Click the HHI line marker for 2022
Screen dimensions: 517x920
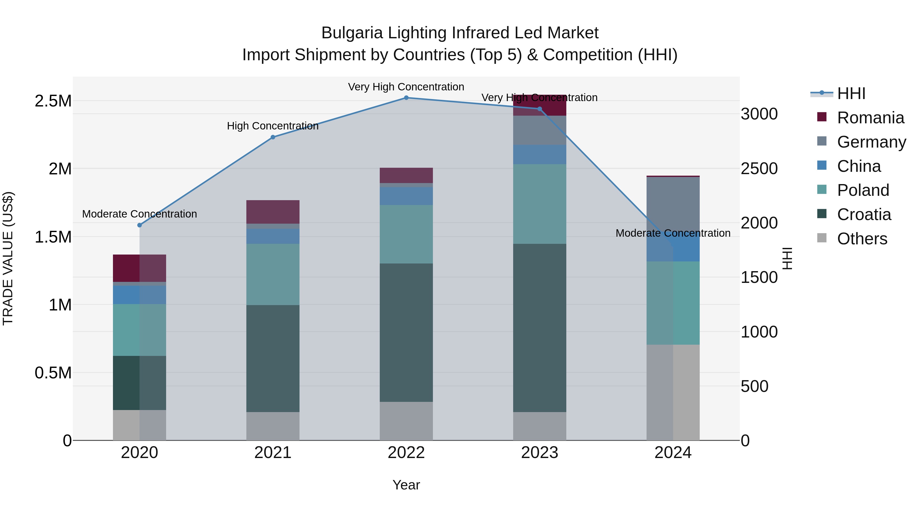click(x=406, y=98)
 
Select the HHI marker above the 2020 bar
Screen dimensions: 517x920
click(x=140, y=225)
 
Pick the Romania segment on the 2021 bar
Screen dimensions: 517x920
click(x=273, y=212)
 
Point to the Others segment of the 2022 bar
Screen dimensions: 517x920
click(x=406, y=421)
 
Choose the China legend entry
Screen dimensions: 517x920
click(x=859, y=166)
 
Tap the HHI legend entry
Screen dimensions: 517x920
click(x=851, y=93)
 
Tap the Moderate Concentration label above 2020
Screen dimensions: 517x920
click(x=140, y=214)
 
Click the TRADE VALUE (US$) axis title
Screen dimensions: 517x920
click(x=8, y=258)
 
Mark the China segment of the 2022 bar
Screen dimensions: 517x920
click(x=406, y=196)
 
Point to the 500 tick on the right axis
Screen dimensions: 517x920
click(x=754, y=387)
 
